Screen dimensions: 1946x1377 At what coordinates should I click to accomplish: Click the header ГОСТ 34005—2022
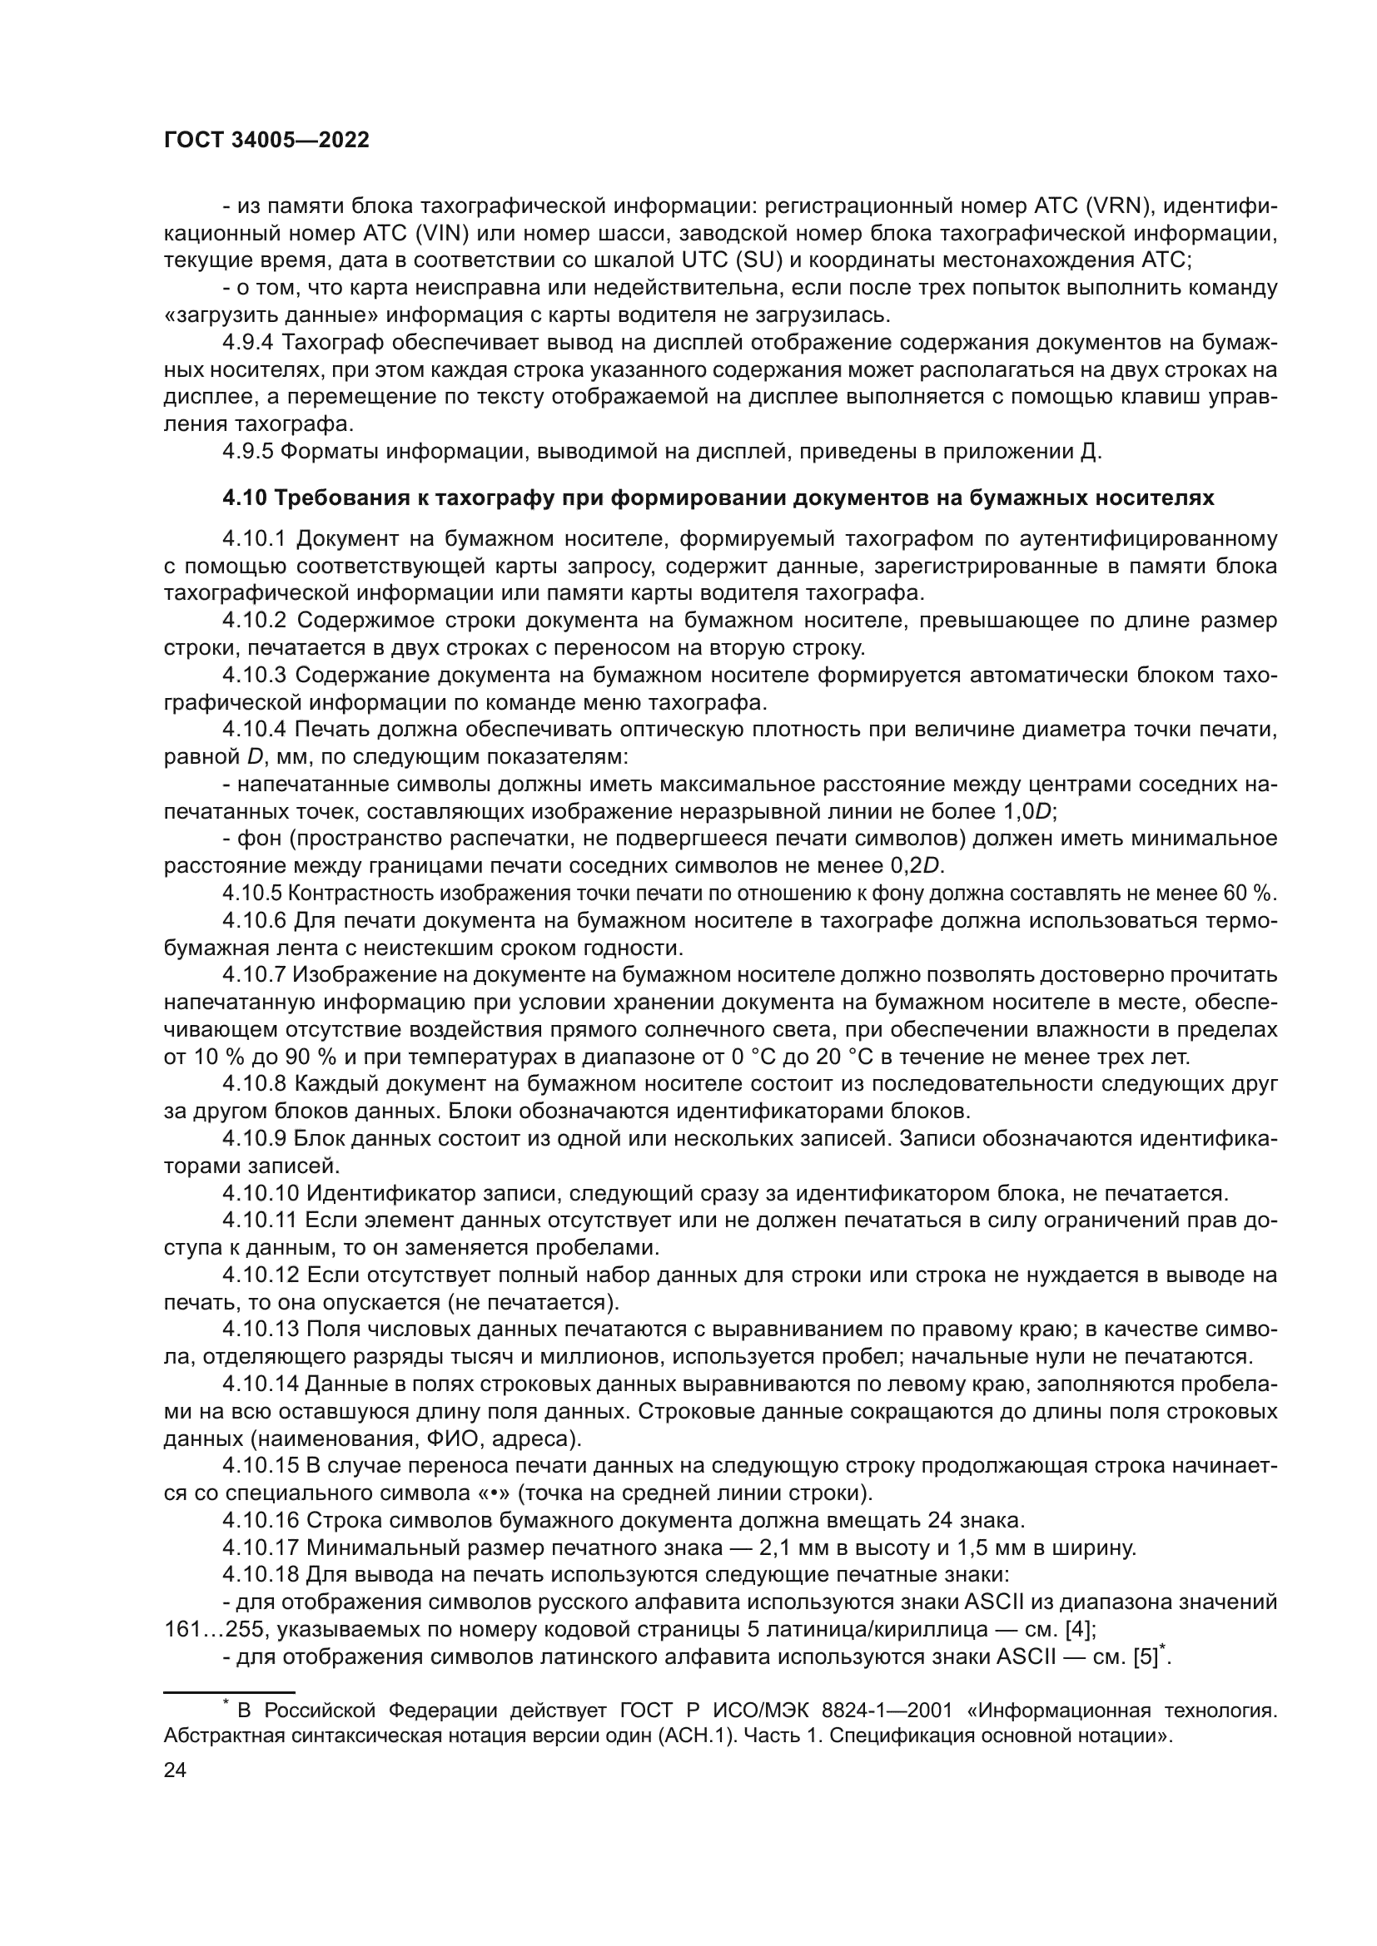(266, 141)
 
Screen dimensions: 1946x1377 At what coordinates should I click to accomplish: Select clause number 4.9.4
(248, 343)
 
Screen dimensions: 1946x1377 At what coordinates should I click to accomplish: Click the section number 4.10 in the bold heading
(244, 498)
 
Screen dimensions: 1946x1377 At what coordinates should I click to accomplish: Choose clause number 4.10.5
(253, 894)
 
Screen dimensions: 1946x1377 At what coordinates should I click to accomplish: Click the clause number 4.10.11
(259, 1221)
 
